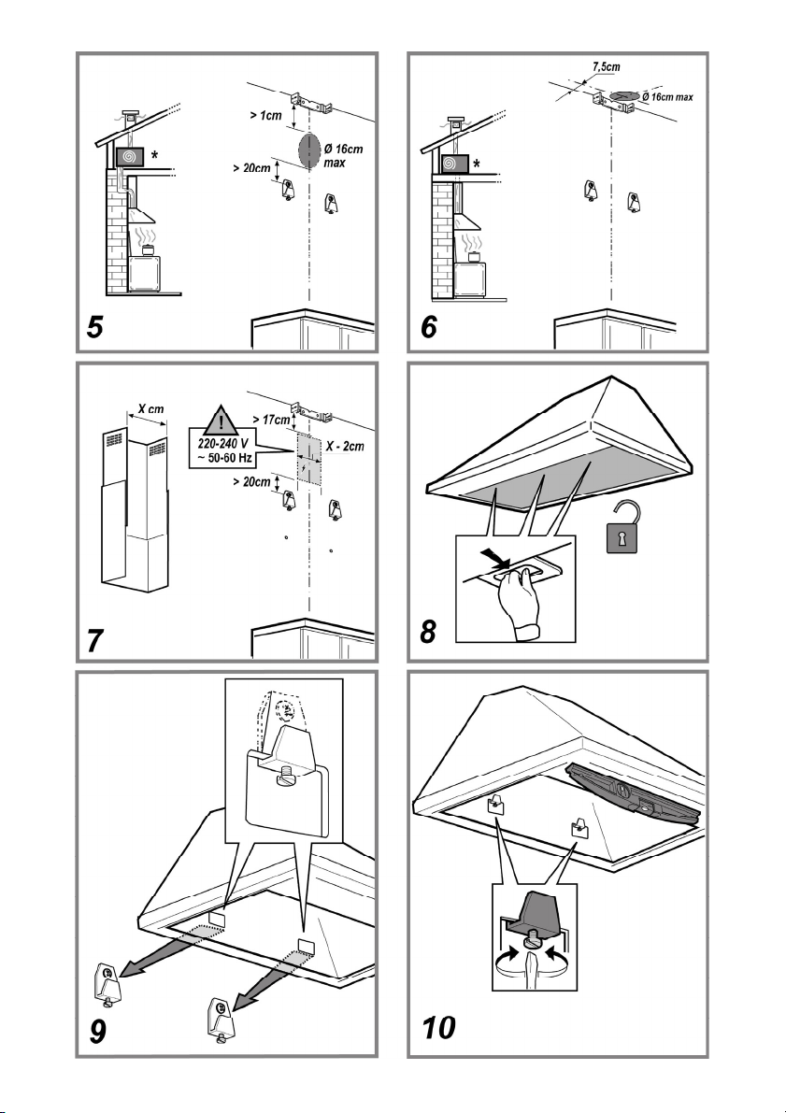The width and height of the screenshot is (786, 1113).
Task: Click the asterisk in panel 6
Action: point(477,164)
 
